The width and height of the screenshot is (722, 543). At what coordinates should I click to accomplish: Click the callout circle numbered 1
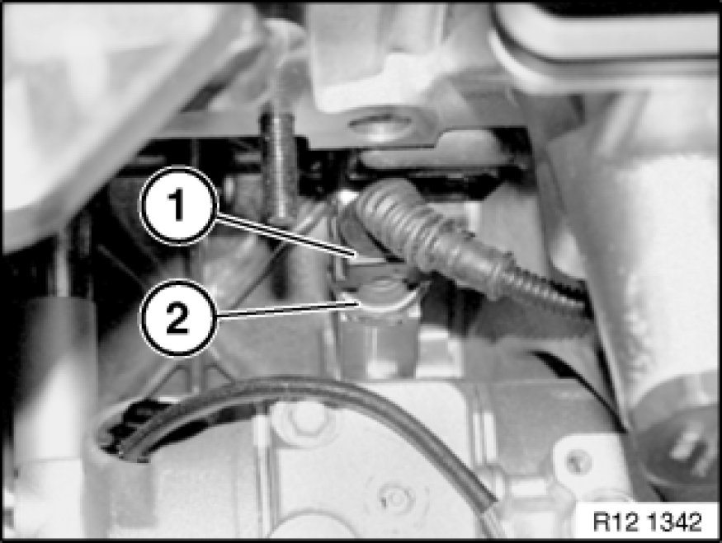178,205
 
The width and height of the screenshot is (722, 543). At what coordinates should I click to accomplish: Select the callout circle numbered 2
178,318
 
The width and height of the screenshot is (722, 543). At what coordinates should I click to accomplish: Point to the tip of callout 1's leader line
357,255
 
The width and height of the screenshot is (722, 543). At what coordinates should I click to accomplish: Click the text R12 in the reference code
610,522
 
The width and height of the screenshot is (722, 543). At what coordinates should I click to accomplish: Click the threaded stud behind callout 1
280,166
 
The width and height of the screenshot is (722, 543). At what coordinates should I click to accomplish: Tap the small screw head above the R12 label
575,461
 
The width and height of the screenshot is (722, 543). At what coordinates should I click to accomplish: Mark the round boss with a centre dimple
396,498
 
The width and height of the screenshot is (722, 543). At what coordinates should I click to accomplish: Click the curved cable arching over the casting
295,405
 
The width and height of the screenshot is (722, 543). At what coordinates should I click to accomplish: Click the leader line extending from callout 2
286,309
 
